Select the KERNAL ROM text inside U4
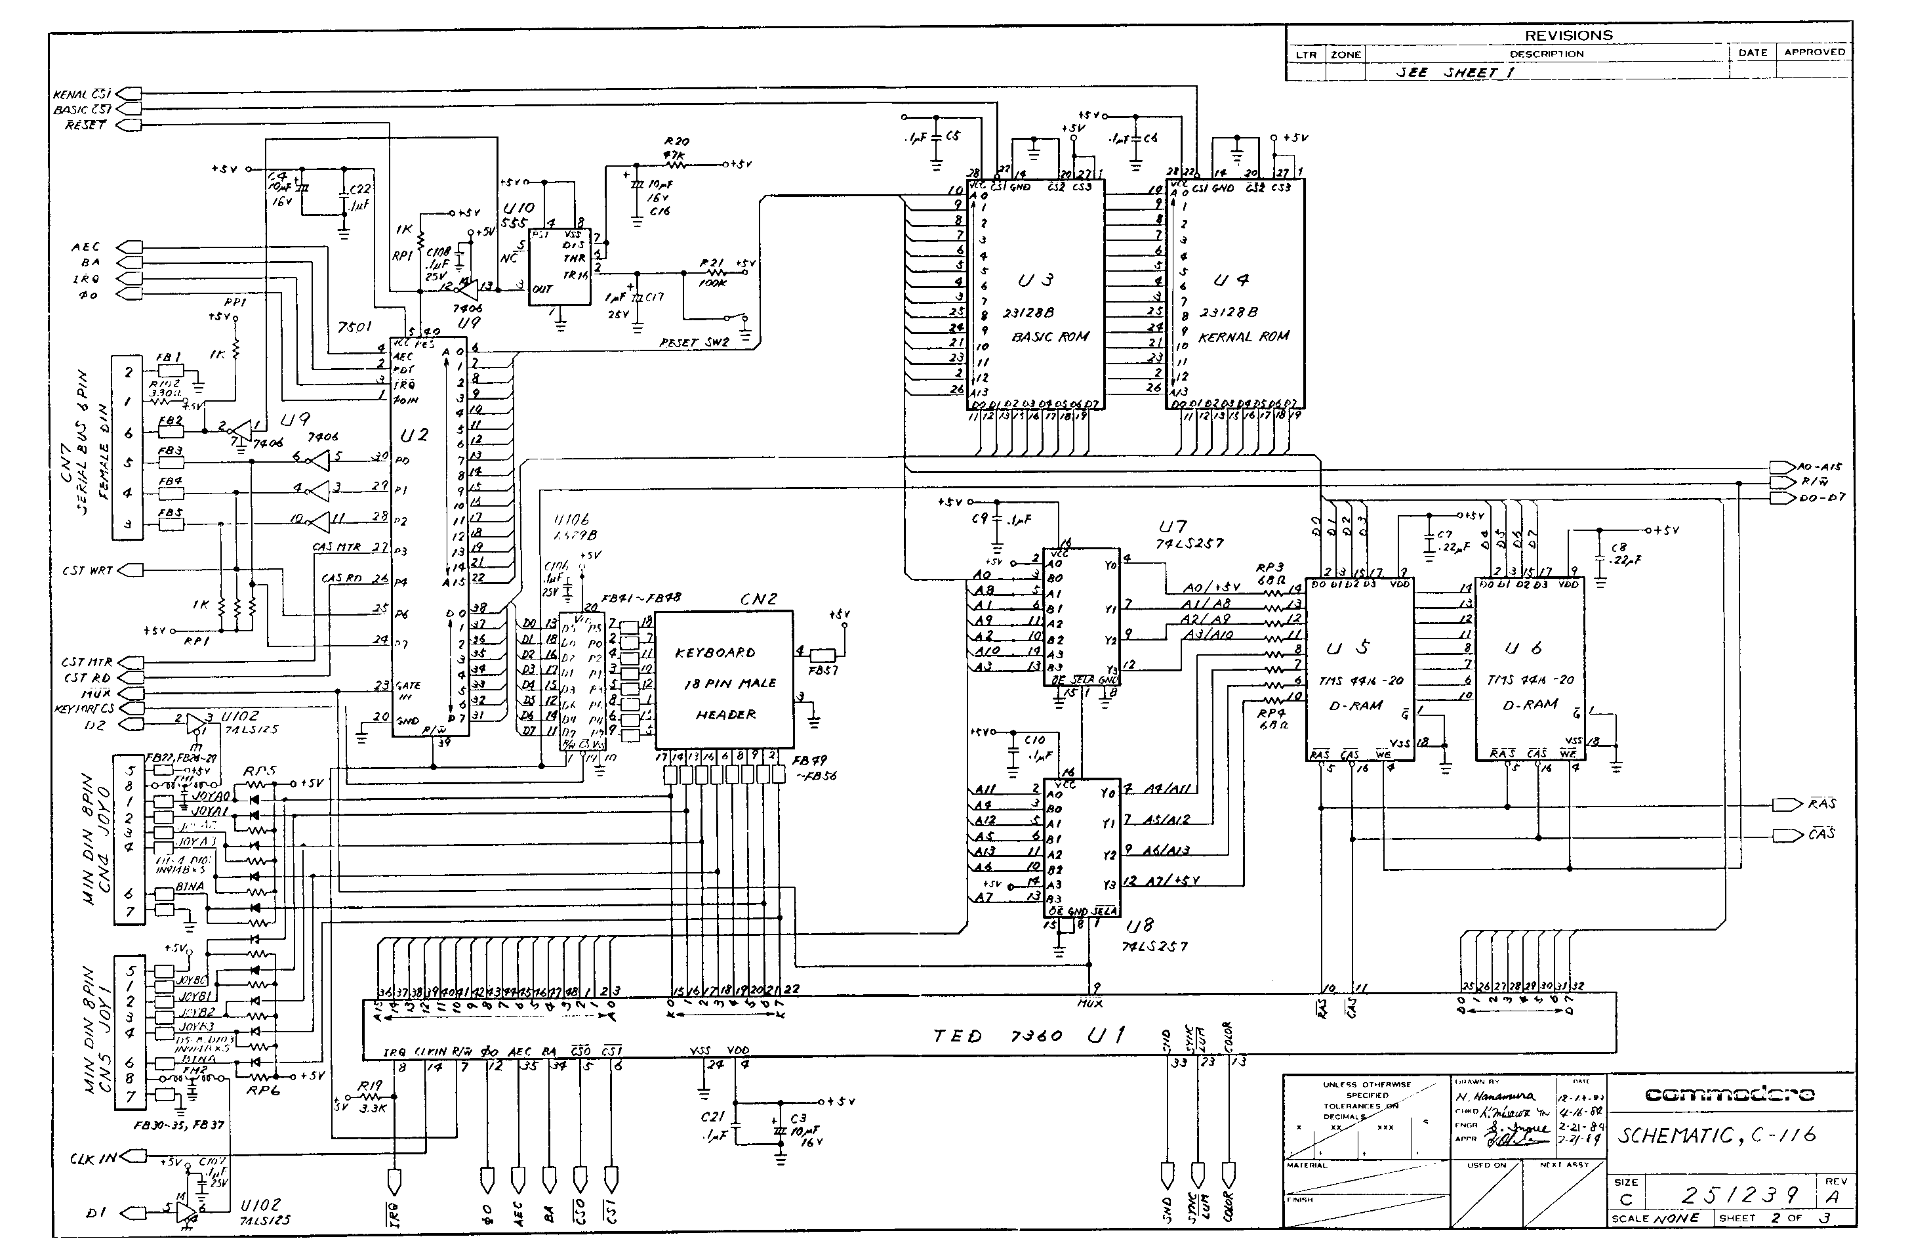pyautogui.click(x=1244, y=336)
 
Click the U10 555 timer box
pyautogui.click(x=559, y=267)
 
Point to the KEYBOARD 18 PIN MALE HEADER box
pyautogui.click(x=723, y=679)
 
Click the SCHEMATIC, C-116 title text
pyautogui.click(x=1716, y=1135)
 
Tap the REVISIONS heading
pyautogui.click(x=1568, y=35)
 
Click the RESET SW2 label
pyautogui.click(x=694, y=343)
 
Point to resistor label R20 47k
pyautogui.click(x=676, y=148)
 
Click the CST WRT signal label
pyautogui.click(x=88, y=571)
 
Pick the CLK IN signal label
pyautogui.click(x=93, y=1158)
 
